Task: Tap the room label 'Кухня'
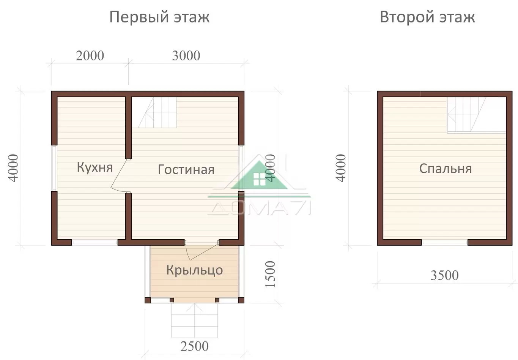coord(95,167)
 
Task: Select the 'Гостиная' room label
coord(186,169)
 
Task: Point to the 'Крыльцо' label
coord(194,270)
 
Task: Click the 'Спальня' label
coord(446,169)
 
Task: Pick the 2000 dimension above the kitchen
coord(90,56)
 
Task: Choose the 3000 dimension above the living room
coord(186,56)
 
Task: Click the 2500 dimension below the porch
coord(194,346)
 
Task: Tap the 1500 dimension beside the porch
coord(270,274)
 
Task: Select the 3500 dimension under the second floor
coord(444,275)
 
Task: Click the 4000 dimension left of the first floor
coord(13,168)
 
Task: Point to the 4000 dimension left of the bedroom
coord(341,168)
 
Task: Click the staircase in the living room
coord(157,112)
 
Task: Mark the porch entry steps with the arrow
coord(194,321)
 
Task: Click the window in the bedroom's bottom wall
coord(444,243)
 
